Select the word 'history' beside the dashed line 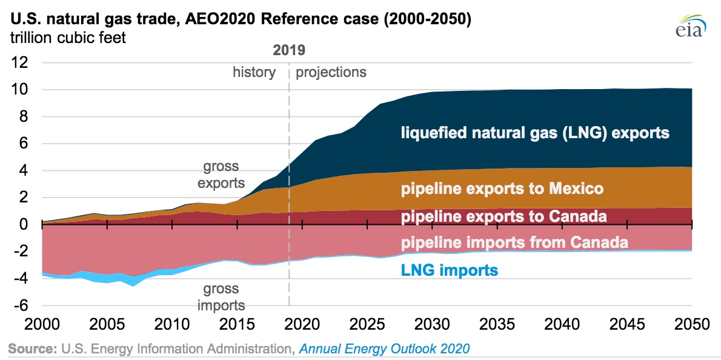click(x=254, y=73)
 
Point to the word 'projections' click(x=331, y=73)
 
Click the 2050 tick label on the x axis click(x=692, y=324)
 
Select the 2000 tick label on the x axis click(x=41, y=324)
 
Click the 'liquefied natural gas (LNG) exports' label click(x=535, y=133)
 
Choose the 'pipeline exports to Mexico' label click(x=502, y=189)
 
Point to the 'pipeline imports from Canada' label click(x=514, y=243)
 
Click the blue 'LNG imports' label click(x=450, y=269)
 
